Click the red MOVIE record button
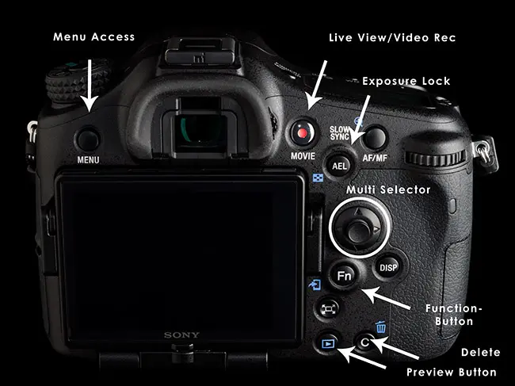[x=303, y=132]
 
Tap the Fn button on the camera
[x=344, y=275]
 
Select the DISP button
[x=388, y=267]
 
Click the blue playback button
[x=328, y=344]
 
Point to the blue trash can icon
[x=381, y=327]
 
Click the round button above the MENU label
[x=88, y=139]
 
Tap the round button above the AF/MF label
[x=375, y=138]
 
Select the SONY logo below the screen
[x=181, y=335]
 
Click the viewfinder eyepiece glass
[x=200, y=130]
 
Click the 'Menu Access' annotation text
[x=94, y=36]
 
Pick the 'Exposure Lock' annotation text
[x=406, y=81]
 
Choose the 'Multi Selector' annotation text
[x=388, y=190]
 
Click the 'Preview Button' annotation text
[x=452, y=373]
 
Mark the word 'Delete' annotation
[x=480, y=353]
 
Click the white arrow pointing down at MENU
[x=90, y=86]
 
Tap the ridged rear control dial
[x=436, y=158]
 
